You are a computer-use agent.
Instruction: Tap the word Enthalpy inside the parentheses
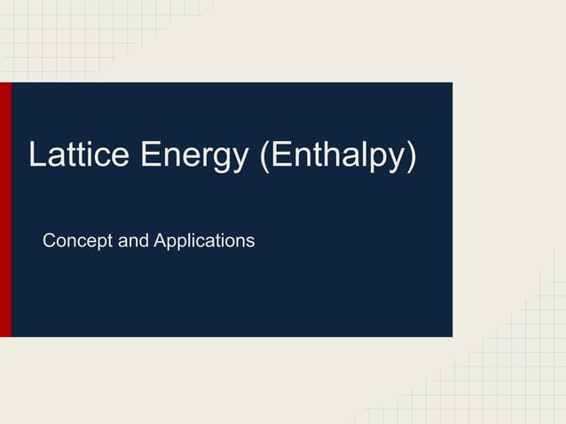(336, 156)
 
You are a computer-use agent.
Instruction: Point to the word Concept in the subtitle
(77, 240)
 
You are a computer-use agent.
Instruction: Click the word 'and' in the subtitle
(132, 240)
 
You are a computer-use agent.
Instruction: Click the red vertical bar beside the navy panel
(5, 209)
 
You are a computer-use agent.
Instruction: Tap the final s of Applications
(250, 241)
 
